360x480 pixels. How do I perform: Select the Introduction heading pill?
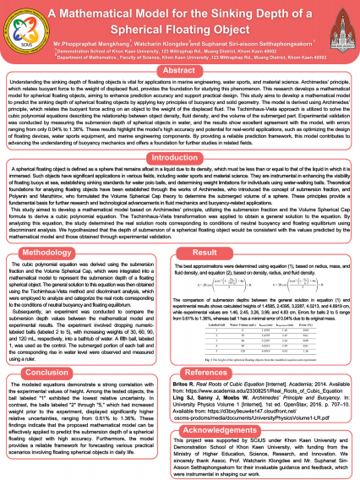(x=179, y=134)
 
